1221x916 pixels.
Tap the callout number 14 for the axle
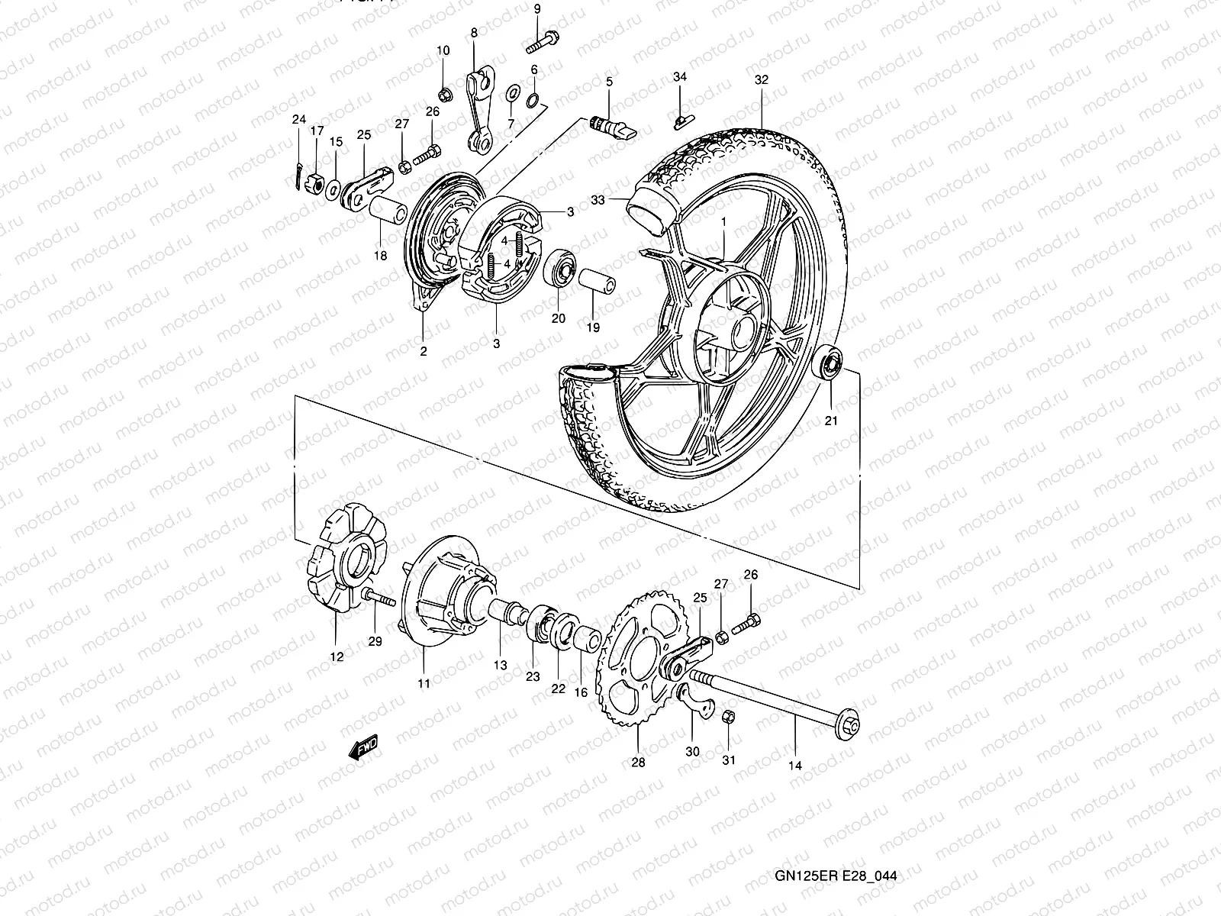coord(794,766)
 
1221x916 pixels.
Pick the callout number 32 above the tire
coord(761,79)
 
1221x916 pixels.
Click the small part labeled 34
coord(681,119)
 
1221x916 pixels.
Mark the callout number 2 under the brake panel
coord(423,351)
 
